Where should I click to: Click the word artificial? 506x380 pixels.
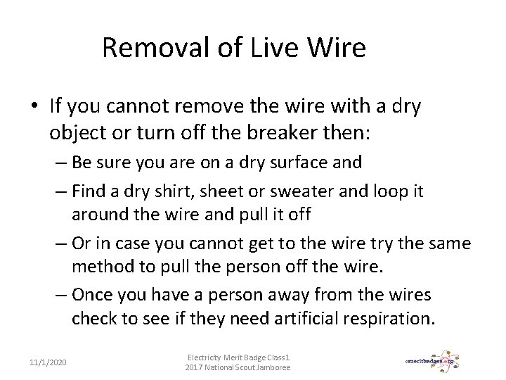(x=302, y=319)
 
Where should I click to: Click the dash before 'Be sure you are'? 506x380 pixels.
(x=58, y=163)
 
